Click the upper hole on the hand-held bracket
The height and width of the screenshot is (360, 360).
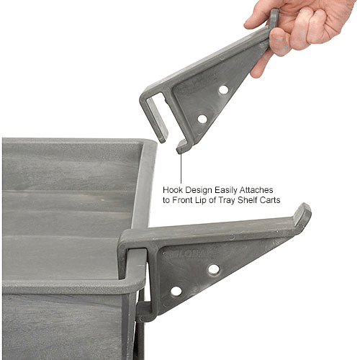click(223, 90)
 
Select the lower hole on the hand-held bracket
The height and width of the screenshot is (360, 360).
click(202, 118)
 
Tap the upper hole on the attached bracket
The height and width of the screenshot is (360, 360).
click(213, 269)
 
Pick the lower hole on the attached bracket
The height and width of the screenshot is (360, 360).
click(176, 292)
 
